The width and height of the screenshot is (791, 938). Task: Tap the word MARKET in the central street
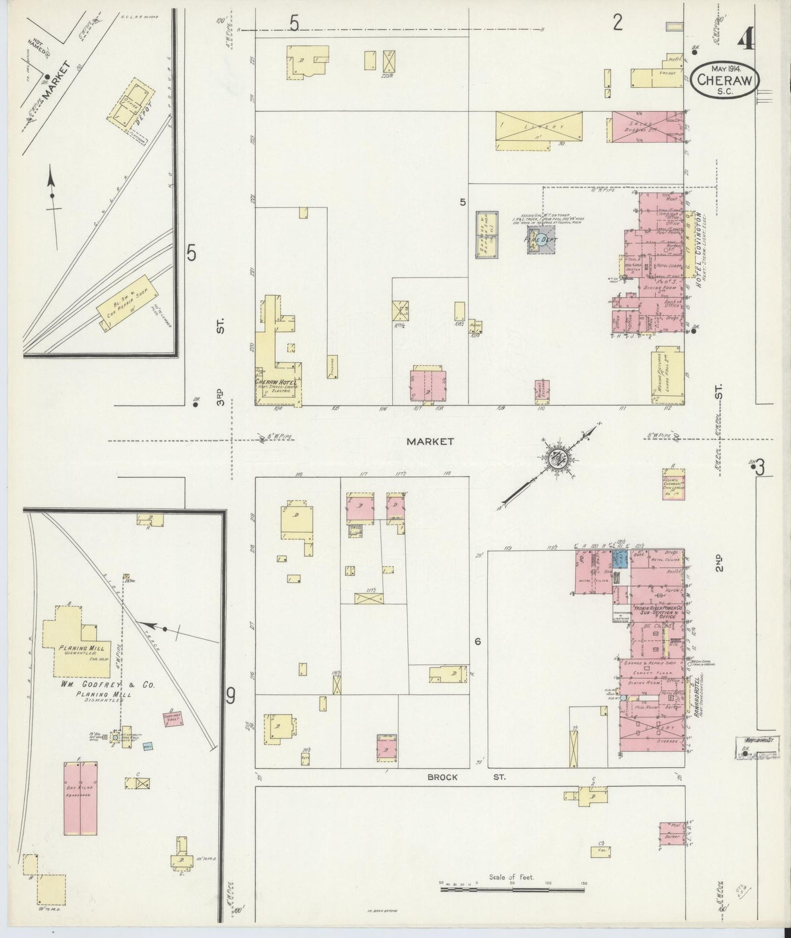(x=430, y=441)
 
